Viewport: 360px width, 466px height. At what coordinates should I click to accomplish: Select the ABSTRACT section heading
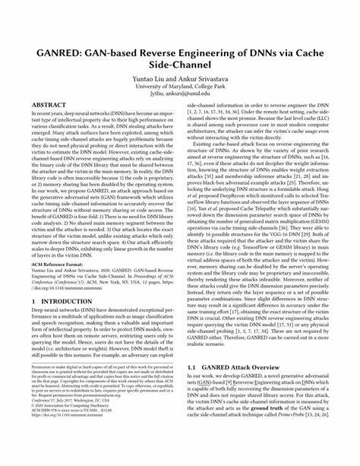[49, 106]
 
